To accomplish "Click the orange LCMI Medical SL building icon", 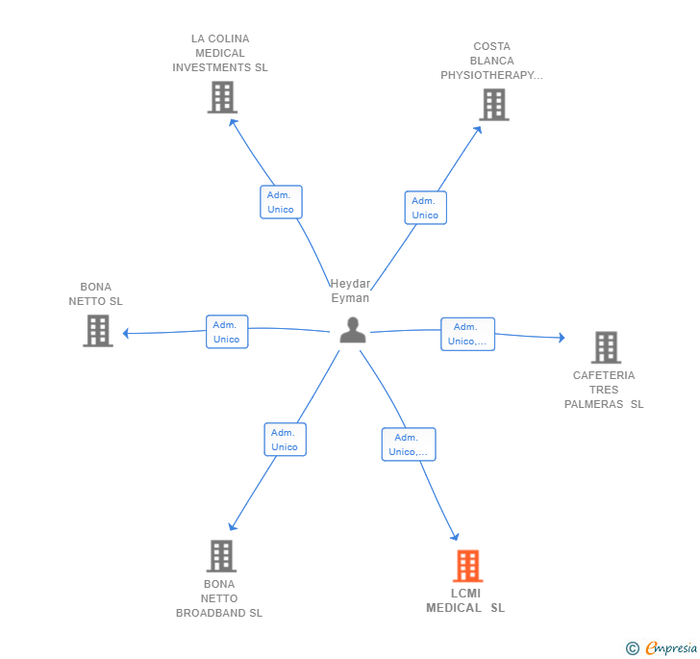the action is (468, 566).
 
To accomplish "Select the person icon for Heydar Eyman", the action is (353, 330).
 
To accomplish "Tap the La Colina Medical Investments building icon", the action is (222, 97).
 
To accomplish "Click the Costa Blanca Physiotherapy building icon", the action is (494, 105).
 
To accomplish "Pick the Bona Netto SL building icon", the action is (98, 331).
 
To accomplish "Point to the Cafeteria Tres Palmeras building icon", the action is (606, 347).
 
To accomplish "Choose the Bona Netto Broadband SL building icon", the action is (221, 556).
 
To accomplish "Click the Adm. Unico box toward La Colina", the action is (281, 202).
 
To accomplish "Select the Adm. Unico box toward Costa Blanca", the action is (425, 208).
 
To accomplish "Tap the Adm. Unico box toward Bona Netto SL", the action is (227, 332).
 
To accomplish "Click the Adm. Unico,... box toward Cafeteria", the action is (467, 334).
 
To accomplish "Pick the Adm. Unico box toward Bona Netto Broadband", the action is (285, 440).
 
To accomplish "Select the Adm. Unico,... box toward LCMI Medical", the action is (409, 444).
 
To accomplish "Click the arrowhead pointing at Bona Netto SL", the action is (126, 333).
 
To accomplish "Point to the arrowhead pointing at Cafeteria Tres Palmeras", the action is (562, 338).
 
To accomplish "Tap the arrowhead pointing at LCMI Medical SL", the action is (455, 536).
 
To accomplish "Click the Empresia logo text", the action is (671, 647).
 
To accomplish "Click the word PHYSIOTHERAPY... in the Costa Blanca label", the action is (491, 75).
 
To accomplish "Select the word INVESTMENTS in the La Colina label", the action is (212, 67).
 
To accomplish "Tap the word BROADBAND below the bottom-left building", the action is (212, 613).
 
